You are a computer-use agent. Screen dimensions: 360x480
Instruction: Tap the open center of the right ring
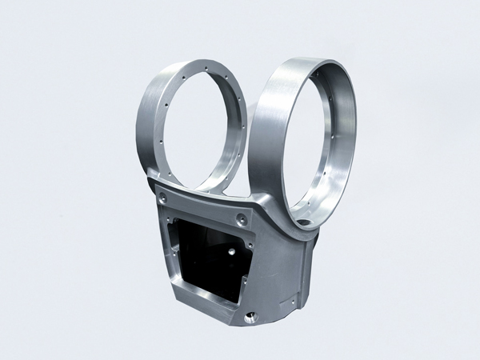click(x=307, y=140)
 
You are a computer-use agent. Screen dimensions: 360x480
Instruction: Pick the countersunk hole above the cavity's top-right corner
click(x=240, y=218)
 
